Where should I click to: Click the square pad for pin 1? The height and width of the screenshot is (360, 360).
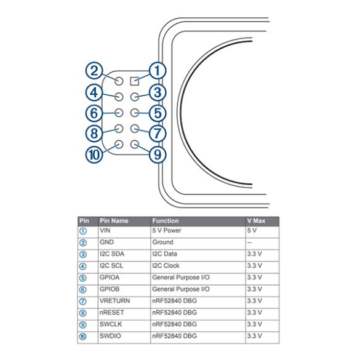click(135, 81)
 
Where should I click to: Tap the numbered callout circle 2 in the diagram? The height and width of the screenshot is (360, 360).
click(94, 71)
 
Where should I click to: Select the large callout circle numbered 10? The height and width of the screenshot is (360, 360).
click(94, 154)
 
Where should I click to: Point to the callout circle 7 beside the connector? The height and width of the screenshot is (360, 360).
click(158, 134)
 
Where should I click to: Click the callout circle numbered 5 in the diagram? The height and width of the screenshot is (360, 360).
click(158, 113)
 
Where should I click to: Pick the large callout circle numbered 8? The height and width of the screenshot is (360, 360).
click(94, 134)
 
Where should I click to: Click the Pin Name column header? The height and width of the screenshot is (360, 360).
click(114, 221)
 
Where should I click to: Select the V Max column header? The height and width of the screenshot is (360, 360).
click(256, 221)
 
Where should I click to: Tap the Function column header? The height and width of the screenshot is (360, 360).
click(166, 221)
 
